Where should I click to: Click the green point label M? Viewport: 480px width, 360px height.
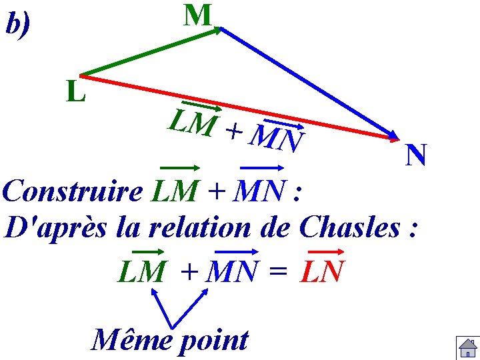click(x=198, y=15)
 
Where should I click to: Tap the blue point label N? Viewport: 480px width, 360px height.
click(x=416, y=156)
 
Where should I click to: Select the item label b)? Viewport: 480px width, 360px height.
click(x=18, y=25)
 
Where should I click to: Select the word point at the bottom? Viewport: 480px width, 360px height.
click(x=213, y=341)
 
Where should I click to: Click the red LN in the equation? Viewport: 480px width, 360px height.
click(x=323, y=271)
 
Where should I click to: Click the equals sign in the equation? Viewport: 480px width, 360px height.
click(x=280, y=272)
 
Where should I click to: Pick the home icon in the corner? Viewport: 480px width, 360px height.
click(x=467, y=349)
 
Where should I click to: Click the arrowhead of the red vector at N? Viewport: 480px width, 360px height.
click(x=393, y=138)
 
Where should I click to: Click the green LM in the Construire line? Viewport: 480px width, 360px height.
click(x=175, y=192)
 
